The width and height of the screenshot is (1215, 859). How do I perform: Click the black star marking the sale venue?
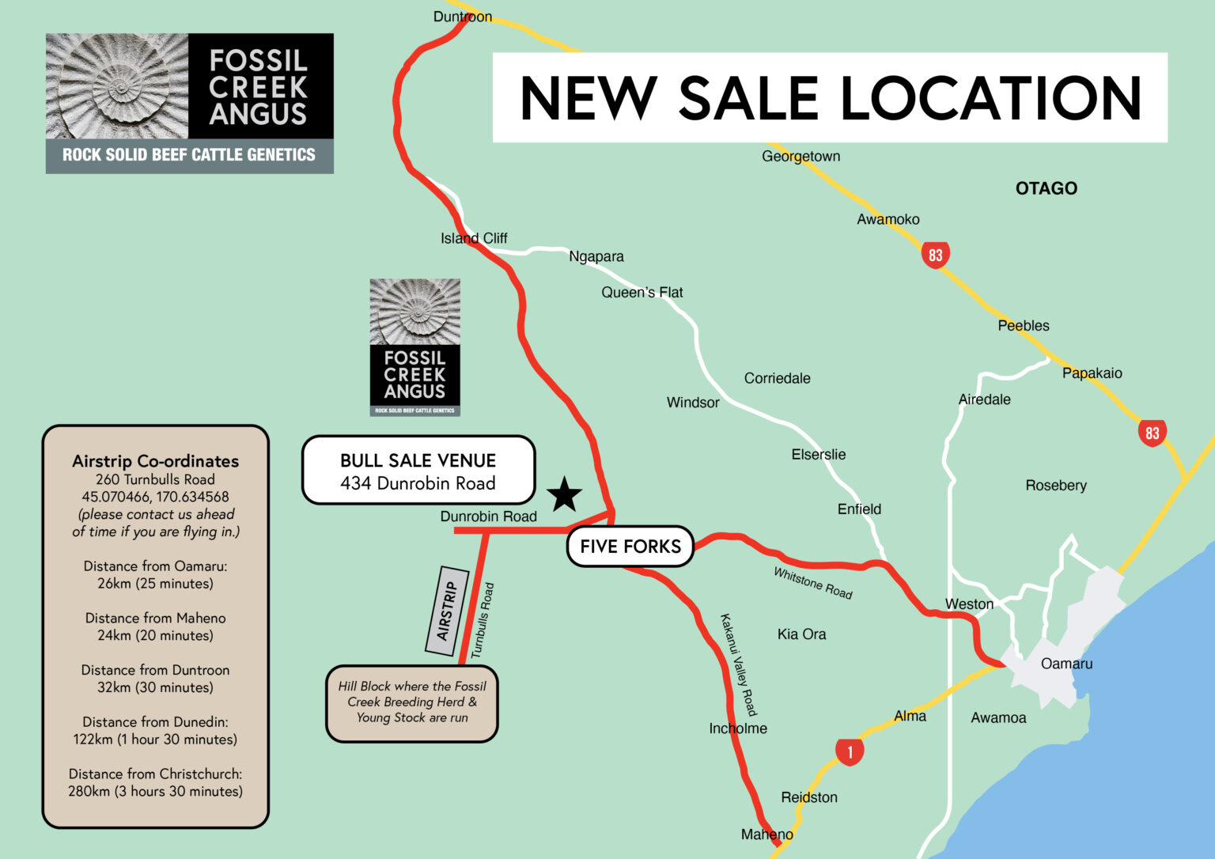click(x=564, y=495)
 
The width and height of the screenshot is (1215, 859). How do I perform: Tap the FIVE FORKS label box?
click(x=630, y=547)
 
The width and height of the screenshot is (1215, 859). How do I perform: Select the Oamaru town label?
click(x=1066, y=664)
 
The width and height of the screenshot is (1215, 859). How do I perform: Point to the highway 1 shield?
click(x=850, y=751)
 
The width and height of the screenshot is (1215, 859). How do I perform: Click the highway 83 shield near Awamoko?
click(x=935, y=255)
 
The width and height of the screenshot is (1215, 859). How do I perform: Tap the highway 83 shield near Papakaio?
click(x=1152, y=433)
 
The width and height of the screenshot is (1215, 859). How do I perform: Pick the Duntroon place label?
click(x=463, y=17)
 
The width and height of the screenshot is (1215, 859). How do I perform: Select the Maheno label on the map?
click(x=766, y=834)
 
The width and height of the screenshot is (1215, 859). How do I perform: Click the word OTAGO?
click(x=1046, y=188)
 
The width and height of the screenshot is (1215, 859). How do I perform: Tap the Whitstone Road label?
click(x=812, y=583)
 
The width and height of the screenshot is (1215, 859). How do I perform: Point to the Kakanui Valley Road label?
click(x=738, y=664)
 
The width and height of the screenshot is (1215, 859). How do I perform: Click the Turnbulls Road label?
click(x=483, y=621)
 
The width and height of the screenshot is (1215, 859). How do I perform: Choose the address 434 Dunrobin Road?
click(x=418, y=483)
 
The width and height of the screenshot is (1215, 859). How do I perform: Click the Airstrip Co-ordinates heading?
click(x=155, y=461)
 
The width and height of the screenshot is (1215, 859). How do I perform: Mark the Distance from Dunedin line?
click(x=155, y=722)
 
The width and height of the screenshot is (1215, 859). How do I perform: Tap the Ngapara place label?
click(x=596, y=256)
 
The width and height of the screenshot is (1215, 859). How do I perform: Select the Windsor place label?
click(x=693, y=403)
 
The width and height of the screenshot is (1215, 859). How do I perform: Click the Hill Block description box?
click(x=411, y=702)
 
